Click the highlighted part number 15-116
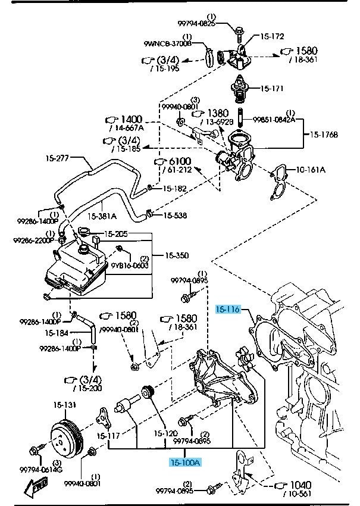(227, 310)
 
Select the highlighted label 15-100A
(184, 462)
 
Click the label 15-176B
(324, 135)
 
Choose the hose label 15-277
(58, 158)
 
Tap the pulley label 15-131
(65, 405)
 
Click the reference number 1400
(132, 119)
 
